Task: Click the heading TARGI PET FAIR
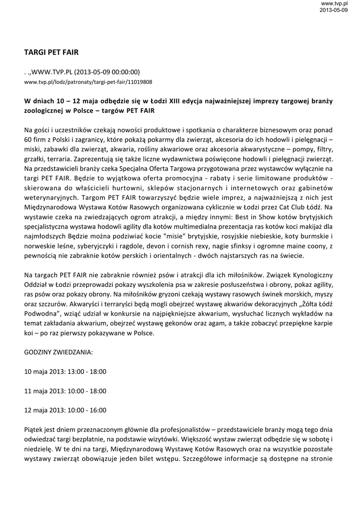point(51,51)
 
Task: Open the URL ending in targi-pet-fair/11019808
point(88,82)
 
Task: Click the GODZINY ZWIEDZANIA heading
point(58,352)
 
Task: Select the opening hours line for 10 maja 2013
point(65,371)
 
